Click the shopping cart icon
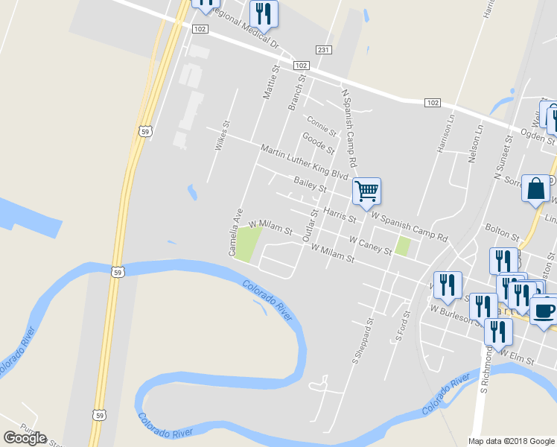pyautogui.click(x=366, y=191)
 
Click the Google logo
pyautogui.click(x=25, y=437)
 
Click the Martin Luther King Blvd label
pyautogui.click(x=305, y=162)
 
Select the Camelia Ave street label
pyautogui.click(x=235, y=232)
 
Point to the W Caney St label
pyautogui.click(x=370, y=245)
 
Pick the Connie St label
pyautogui.click(x=321, y=124)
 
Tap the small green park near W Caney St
pyautogui.click(x=403, y=246)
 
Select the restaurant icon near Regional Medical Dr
pyautogui.click(x=264, y=13)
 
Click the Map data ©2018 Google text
pyautogui.click(x=512, y=441)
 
